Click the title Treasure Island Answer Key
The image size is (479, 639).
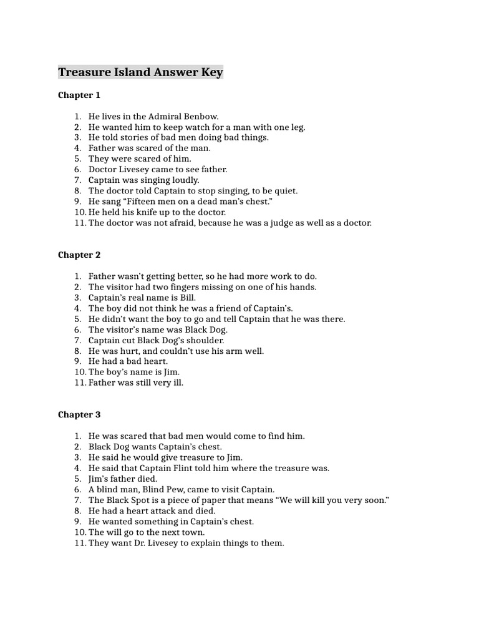[x=140, y=72]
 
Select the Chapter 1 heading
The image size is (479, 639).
[x=79, y=95]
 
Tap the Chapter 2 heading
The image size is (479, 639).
[x=79, y=255]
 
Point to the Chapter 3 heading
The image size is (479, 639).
[x=79, y=415]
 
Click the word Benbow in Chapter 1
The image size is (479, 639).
[x=203, y=117]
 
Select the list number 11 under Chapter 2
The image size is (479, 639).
[x=79, y=383]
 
